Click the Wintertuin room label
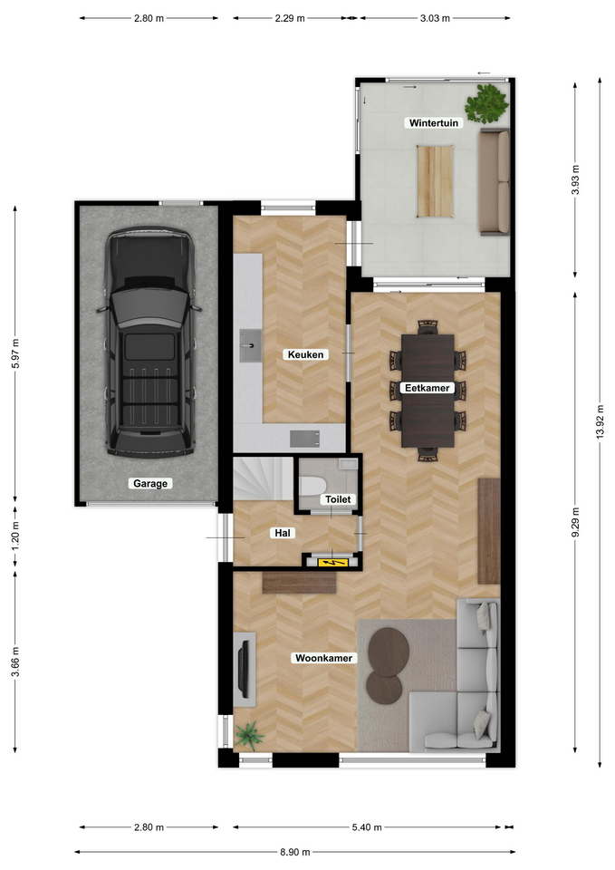[434, 122]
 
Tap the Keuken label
[305, 354]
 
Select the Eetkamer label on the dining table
[427, 388]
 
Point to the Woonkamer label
[324, 658]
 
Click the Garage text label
[149, 483]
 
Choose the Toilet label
[338, 499]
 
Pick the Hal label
[283, 533]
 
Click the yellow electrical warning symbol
[332, 563]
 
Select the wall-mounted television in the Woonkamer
[244, 669]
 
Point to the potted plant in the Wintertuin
[486, 103]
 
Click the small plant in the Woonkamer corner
[248, 735]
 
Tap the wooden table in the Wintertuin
[436, 181]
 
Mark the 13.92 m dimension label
[600, 421]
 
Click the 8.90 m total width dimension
[294, 852]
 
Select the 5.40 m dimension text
[367, 827]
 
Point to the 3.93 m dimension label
[575, 179]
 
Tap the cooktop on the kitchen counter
[304, 439]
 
